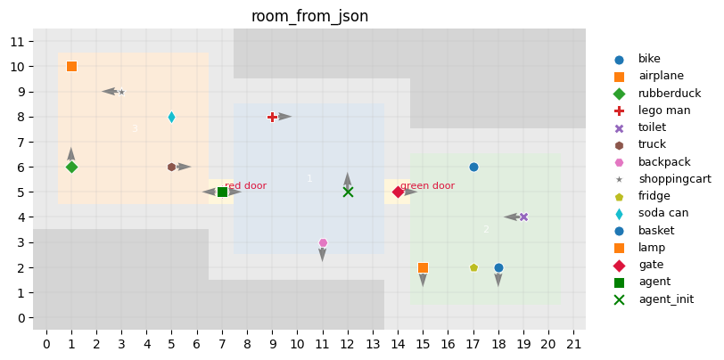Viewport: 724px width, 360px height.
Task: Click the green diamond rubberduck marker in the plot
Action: coord(71,167)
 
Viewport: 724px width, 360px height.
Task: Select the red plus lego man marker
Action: coord(272,117)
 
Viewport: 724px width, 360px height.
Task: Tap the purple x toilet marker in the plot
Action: coord(523,217)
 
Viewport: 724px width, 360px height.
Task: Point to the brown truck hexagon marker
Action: coord(171,167)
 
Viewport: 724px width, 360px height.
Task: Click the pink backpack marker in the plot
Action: coord(323,242)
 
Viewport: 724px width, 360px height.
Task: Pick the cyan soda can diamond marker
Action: coord(171,117)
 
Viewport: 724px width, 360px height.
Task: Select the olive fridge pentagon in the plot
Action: coord(473,267)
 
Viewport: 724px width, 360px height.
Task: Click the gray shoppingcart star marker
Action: coord(121,92)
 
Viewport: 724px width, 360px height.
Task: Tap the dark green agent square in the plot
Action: coord(222,192)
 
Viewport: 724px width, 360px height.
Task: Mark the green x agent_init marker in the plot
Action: coord(348,192)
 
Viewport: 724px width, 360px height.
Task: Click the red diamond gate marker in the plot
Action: coord(398,192)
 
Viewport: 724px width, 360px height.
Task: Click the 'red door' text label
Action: coord(245,186)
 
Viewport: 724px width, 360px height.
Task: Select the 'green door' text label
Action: coord(427,186)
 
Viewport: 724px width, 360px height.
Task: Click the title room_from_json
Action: coord(309,16)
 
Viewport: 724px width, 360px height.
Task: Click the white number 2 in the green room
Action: coord(486,229)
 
